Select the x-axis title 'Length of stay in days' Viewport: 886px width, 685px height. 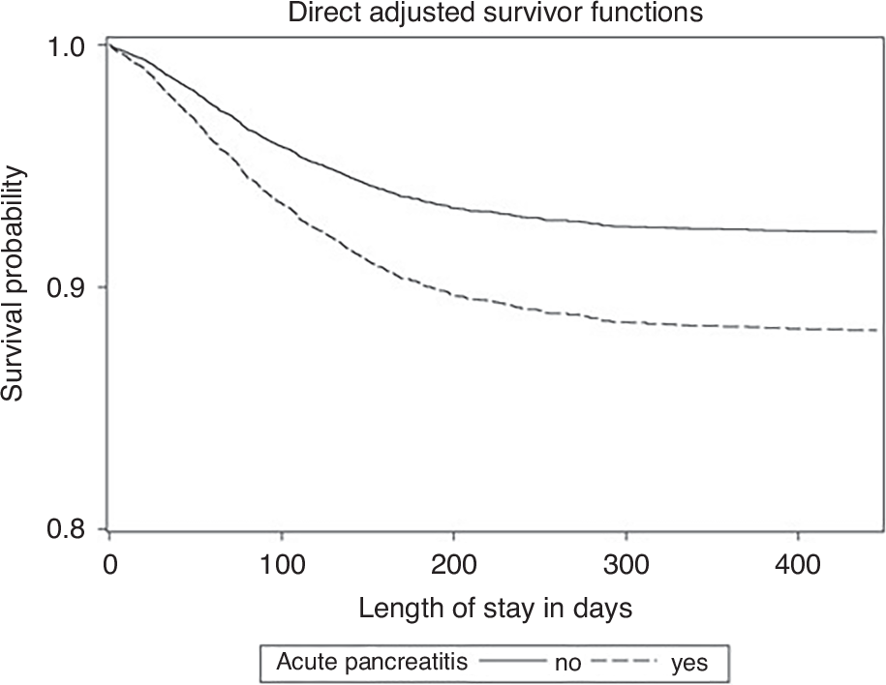pyautogui.click(x=496, y=609)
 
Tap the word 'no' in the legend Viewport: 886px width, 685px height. pyautogui.click(x=567, y=664)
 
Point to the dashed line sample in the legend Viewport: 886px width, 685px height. pyautogui.click(x=634, y=663)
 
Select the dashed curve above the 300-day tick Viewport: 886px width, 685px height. pyautogui.click(x=626, y=321)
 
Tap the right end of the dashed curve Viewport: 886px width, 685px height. pyautogui.click(x=875, y=330)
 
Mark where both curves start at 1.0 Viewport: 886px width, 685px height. pyautogui.click(x=111, y=45)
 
